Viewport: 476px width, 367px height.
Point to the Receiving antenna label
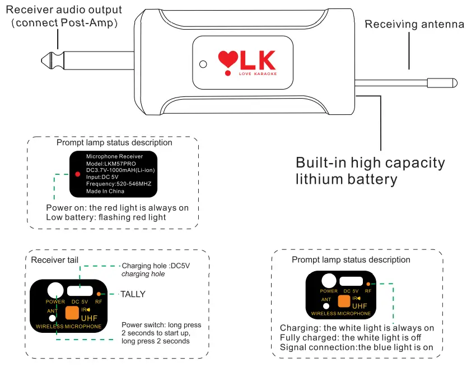coord(414,24)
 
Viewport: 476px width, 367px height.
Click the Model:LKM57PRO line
coord(109,163)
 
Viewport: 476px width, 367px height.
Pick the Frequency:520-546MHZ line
coord(119,183)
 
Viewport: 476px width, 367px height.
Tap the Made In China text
coord(105,191)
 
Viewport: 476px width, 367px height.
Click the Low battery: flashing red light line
coord(106,217)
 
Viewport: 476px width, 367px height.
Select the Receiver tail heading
coord(55,259)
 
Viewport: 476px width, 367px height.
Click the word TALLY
coord(133,294)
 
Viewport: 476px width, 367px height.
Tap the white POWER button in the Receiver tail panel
coord(55,290)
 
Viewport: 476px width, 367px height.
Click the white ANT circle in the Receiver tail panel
coord(60,318)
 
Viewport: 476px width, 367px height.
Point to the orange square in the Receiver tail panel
coord(72,313)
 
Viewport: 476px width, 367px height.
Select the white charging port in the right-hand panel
coord(351,281)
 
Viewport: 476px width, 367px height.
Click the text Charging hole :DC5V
coord(156,265)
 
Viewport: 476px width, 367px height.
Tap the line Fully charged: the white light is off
coord(350,337)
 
